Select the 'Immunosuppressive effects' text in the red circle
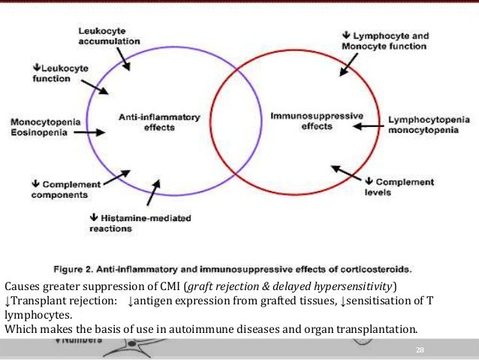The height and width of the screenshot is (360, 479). [x=316, y=121]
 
